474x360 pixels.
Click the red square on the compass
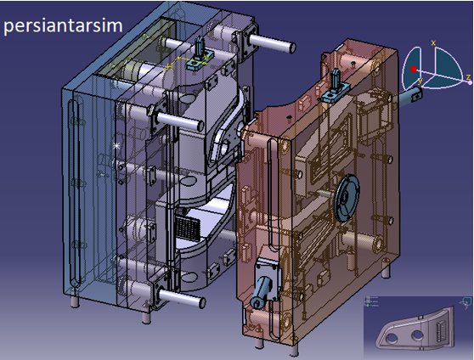(413, 70)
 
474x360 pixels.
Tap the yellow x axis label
(433, 43)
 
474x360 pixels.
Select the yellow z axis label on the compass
(468, 76)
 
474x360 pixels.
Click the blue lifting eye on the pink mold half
(336, 86)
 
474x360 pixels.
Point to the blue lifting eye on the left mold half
(200, 53)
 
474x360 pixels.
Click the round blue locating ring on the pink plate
(347, 198)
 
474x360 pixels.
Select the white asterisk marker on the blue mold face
(116, 146)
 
